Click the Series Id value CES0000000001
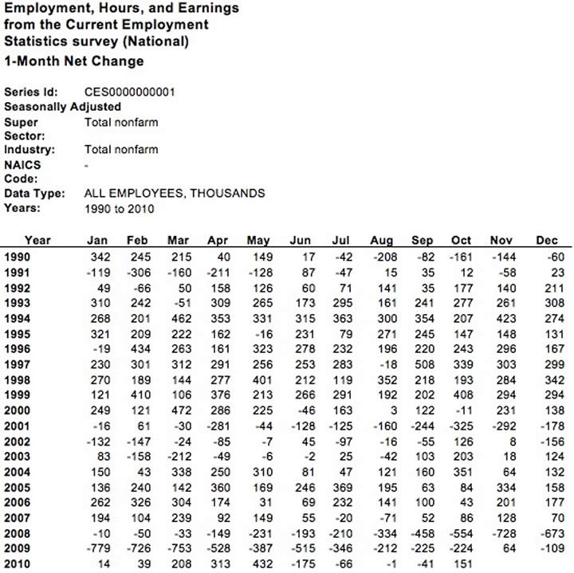tap(129, 92)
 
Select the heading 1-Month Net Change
tap(74, 61)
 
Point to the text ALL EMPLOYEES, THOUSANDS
tap(175, 193)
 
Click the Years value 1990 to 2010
tap(119, 209)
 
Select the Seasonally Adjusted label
tap(63, 106)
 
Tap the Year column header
tap(37, 240)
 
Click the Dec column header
tap(548, 240)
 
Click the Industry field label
tap(29, 149)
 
